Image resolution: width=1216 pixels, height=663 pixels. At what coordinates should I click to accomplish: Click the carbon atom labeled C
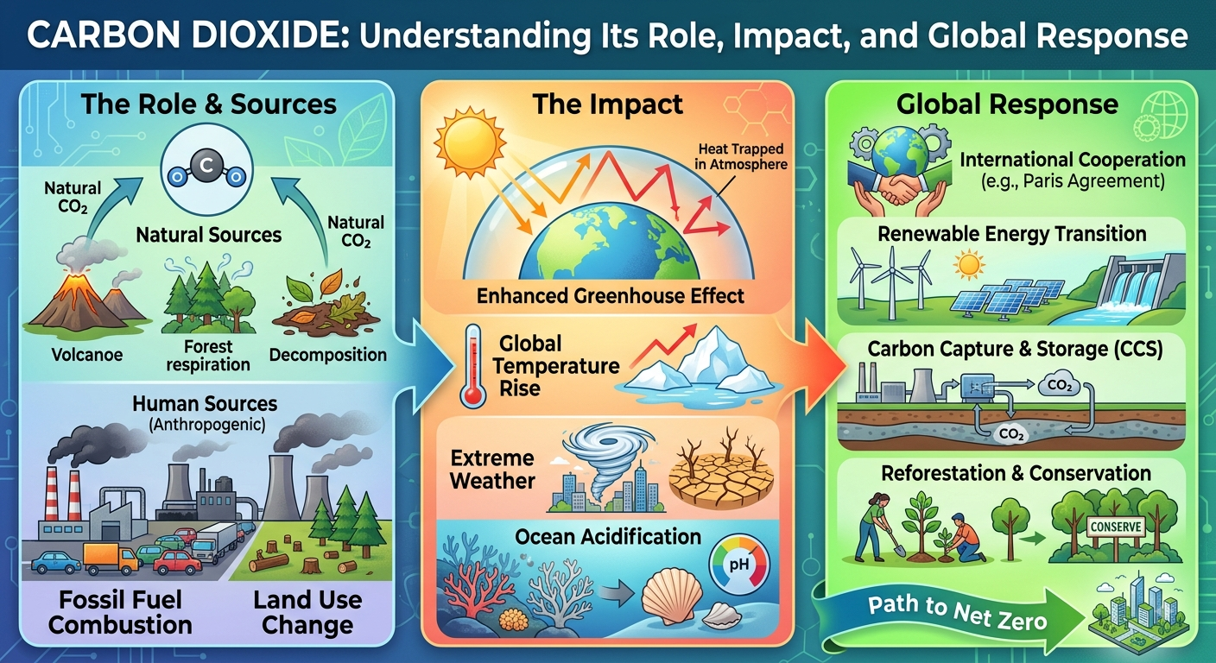pos(206,165)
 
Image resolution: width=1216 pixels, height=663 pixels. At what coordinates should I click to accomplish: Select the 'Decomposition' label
pos(328,355)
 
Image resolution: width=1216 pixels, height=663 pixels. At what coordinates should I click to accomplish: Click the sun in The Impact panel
pos(470,142)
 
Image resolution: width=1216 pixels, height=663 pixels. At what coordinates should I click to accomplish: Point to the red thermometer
pos(472,367)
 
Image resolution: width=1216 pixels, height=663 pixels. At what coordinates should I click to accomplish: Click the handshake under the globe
pos(899,189)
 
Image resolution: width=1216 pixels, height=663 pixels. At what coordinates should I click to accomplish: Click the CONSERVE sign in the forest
pos(1116,527)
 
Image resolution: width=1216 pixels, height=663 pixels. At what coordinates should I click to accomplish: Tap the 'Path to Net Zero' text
pos(957,613)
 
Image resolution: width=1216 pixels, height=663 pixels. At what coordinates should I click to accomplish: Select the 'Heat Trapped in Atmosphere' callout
pos(741,156)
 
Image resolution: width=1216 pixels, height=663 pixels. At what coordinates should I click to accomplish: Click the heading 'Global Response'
pos(1007,104)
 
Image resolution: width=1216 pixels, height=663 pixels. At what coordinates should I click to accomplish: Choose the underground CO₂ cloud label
pos(1011,434)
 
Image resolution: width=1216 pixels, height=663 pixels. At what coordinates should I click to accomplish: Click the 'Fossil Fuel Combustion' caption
pos(120,613)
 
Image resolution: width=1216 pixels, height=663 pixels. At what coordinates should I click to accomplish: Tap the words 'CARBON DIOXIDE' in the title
pos(187,35)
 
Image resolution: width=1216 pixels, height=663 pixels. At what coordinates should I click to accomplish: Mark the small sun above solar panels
pos(969,264)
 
